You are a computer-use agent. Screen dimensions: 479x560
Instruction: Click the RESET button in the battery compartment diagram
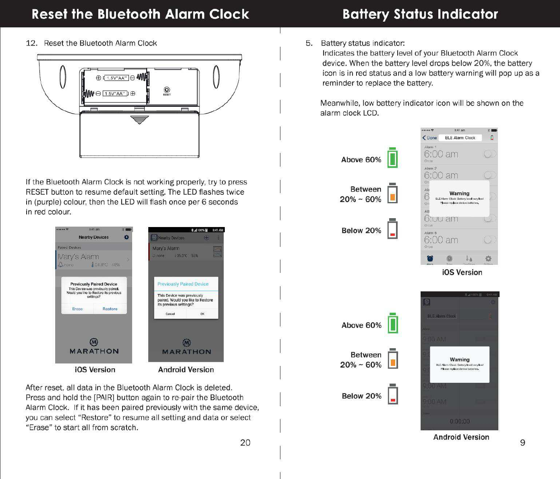167,90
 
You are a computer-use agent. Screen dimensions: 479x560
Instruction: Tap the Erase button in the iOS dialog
77,309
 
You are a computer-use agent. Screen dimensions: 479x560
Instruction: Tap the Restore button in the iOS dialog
110,309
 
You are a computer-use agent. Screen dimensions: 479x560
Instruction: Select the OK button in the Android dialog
202,314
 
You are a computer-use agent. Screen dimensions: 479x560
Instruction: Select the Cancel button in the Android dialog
170,314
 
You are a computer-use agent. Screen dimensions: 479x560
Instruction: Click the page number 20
245,443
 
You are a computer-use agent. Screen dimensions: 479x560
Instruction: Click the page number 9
523,443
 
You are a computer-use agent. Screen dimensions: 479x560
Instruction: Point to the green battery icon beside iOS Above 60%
392,158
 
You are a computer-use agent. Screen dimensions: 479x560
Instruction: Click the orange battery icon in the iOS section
392,193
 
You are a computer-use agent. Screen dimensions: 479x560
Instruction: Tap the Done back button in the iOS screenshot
429,138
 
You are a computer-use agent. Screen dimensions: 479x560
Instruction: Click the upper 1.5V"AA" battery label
116,78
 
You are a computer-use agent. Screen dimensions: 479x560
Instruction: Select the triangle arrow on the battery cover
139,120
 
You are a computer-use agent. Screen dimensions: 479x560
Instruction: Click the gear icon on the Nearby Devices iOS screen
127,237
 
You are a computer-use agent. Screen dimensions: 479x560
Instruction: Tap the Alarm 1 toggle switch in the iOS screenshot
489,154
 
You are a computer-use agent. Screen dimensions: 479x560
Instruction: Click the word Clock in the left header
229,14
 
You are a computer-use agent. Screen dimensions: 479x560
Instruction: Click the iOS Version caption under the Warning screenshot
462,273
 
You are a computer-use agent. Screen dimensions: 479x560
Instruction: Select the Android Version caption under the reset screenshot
186,370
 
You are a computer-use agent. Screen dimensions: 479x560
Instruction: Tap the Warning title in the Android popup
460,359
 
